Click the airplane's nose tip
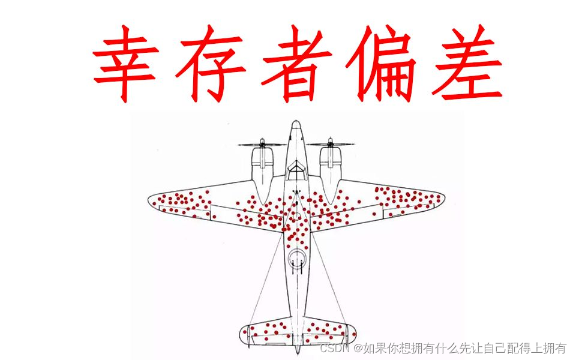point(295,123)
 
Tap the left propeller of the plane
point(262,145)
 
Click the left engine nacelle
point(262,168)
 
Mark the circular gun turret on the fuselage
point(295,259)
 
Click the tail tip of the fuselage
point(296,350)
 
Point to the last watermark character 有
point(560,349)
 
